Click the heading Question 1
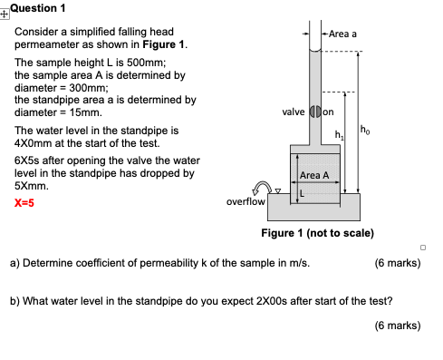click(37, 8)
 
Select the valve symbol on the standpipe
click(315, 113)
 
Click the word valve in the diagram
click(294, 113)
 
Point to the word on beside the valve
click(329, 113)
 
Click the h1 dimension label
click(339, 135)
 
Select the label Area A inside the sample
click(313, 174)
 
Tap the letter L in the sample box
click(303, 191)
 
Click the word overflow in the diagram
click(246, 201)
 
